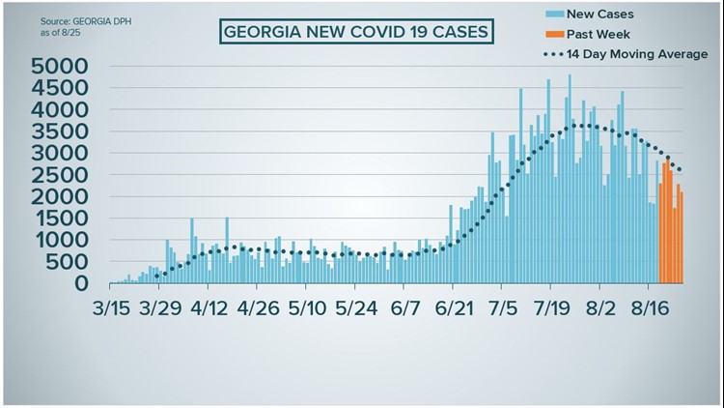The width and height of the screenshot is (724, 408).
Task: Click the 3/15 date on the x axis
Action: point(112,309)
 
